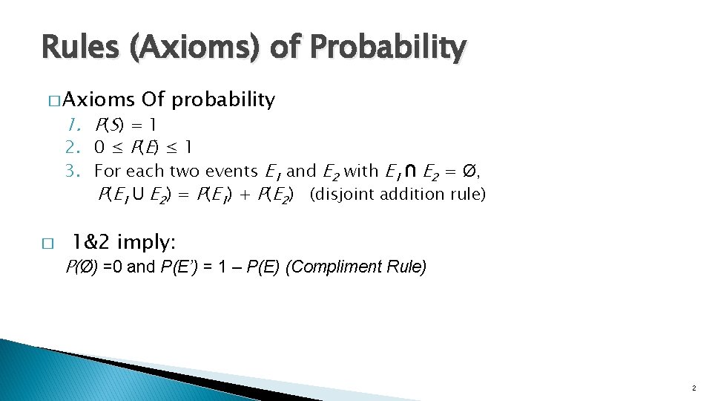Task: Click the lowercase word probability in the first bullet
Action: click(x=224, y=100)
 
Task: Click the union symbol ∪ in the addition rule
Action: click(x=137, y=195)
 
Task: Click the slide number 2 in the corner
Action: click(x=693, y=388)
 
